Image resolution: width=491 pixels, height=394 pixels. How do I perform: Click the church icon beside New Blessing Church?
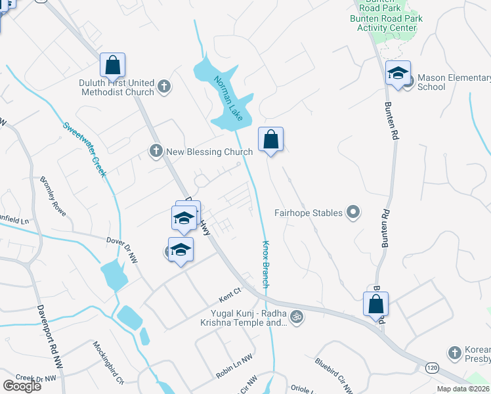(x=156, y=152)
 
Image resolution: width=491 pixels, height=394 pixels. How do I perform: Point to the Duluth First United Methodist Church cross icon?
(x=164, y=85)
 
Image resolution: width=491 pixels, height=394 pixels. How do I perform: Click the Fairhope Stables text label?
(x=309, y=213)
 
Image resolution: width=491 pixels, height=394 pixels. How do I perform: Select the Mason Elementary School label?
(x=450, y=82)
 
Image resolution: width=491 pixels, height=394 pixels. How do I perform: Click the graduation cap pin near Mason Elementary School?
(x=398, y=73)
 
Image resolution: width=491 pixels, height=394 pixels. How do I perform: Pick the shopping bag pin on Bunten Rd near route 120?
(x=375, y=304)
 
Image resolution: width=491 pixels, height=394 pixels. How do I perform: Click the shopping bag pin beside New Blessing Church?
(x=270, y=139)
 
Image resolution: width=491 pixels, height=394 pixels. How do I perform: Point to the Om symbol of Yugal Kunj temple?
(x=296, y=316)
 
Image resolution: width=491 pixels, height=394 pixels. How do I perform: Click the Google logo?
(x=22, y=386)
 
